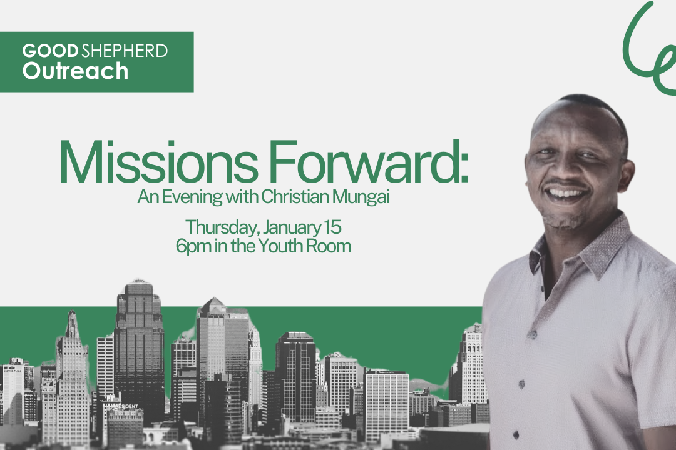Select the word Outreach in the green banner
pyautogui.click(x=75, y=71)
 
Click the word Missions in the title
pyautogui.click(x=157, y=162)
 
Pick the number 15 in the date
pyautogui.click(x=331, y=226)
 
